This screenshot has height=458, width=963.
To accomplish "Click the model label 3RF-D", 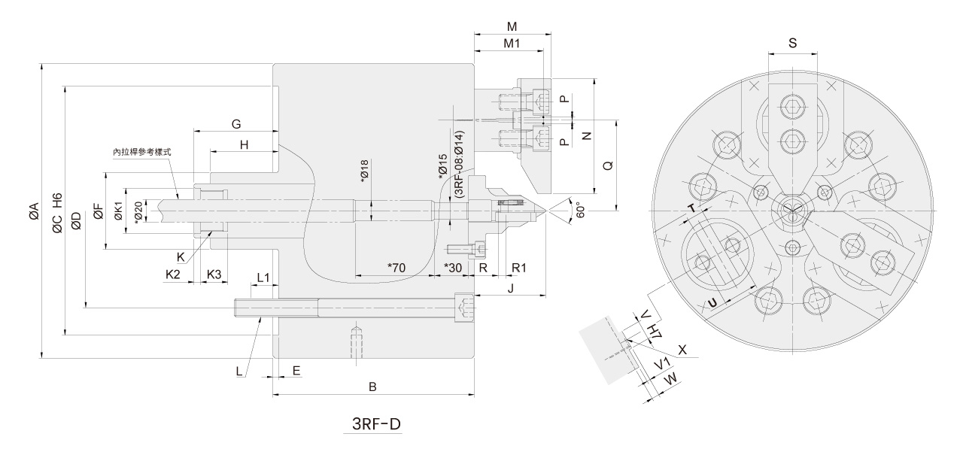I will [377, 425].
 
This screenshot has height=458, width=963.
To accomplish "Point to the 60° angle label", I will [578, 208].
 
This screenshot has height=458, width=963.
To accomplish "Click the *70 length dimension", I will [396, 268].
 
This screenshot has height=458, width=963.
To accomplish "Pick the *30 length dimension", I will [452, 268].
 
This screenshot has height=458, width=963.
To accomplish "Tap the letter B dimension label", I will [372, 386].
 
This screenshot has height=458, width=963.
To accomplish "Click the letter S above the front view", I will [793, 44].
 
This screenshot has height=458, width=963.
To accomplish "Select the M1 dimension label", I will [512, 44].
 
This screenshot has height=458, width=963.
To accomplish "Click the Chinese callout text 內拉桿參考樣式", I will [142, 152].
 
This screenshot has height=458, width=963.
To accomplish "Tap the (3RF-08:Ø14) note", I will [459, 164].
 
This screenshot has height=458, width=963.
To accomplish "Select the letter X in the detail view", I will [682, 350].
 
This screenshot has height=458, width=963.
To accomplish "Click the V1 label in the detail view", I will [662, 365].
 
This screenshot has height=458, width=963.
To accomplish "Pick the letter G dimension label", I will [235, 123].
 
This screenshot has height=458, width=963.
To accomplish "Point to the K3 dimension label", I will [214, 274].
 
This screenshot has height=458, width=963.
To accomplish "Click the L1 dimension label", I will [263, 278].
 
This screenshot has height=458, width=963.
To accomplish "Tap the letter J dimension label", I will [510, 288].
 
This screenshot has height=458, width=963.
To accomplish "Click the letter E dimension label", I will [296, 370].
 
